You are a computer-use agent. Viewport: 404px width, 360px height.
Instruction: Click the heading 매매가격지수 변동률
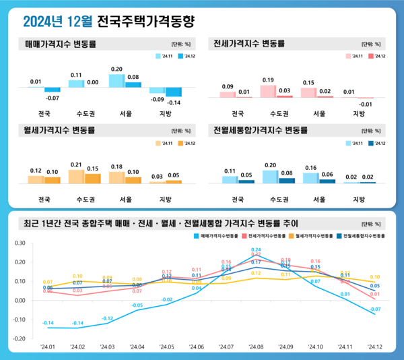point(60,44)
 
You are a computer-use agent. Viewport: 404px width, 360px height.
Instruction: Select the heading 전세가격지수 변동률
point(248,44)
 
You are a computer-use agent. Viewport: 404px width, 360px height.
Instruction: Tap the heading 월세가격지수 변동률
point(60,129)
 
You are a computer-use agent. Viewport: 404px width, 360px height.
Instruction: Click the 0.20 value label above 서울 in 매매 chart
point(116,69)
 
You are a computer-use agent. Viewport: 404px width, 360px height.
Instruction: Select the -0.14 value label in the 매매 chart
point(174,102)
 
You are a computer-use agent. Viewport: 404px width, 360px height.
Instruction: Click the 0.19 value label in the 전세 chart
point(267,80)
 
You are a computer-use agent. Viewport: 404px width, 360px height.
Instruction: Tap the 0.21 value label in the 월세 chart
point(76,164)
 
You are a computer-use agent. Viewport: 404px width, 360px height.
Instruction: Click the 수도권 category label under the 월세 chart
point(84,200)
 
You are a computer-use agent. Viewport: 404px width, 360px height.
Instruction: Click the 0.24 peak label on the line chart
point(256,250)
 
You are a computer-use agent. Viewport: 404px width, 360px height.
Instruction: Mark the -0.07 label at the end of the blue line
point(375,309)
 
